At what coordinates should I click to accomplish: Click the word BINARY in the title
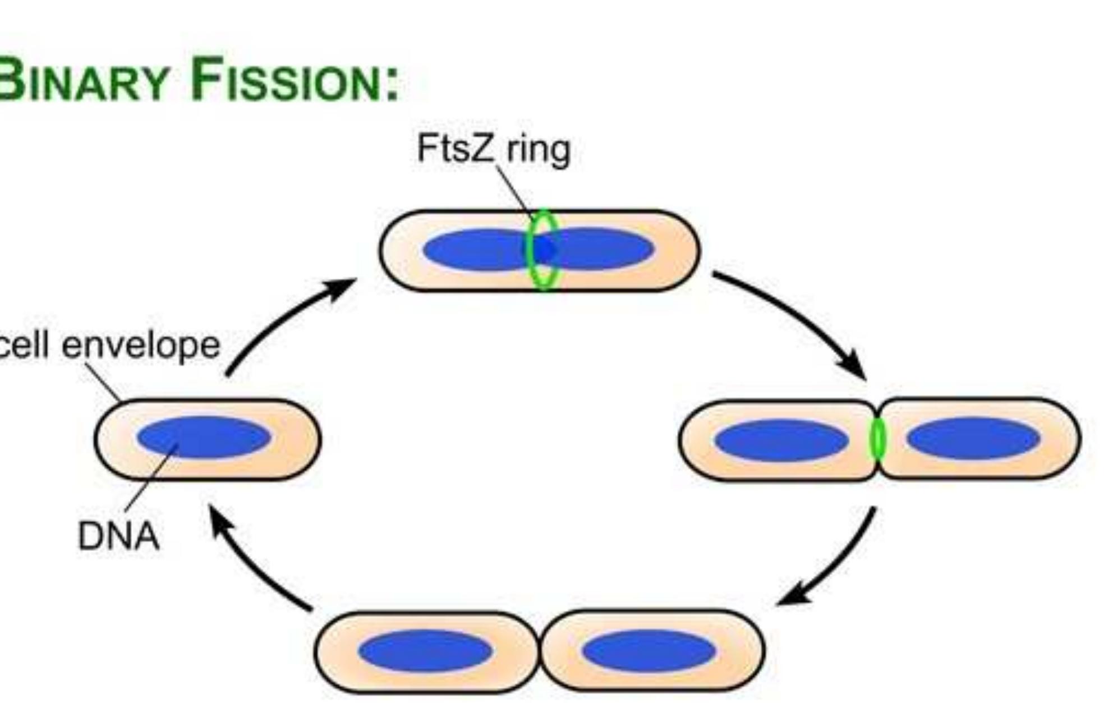click(84, 80)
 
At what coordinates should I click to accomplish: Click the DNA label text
click(118, 536)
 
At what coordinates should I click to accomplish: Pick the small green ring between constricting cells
click(877, 439)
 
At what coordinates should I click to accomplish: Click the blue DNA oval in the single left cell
click(204, 437)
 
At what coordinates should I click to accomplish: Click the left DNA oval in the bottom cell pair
click(425, 650)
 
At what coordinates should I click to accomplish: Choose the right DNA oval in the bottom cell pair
click(648, 650)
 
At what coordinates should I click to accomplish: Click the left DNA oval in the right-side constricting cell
click(781, 440)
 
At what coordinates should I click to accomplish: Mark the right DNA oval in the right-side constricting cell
click(973, 438)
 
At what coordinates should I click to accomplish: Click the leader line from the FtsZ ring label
click(513, 188)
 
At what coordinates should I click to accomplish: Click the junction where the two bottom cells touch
click(539, 651)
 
